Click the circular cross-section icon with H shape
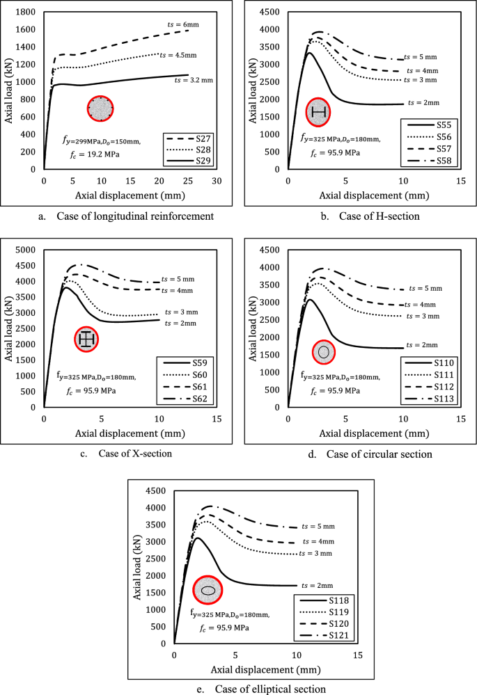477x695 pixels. click(x=318, y=111)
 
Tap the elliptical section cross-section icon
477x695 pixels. click(x=208, y=590)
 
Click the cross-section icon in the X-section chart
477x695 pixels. click(x=86, y=339)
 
